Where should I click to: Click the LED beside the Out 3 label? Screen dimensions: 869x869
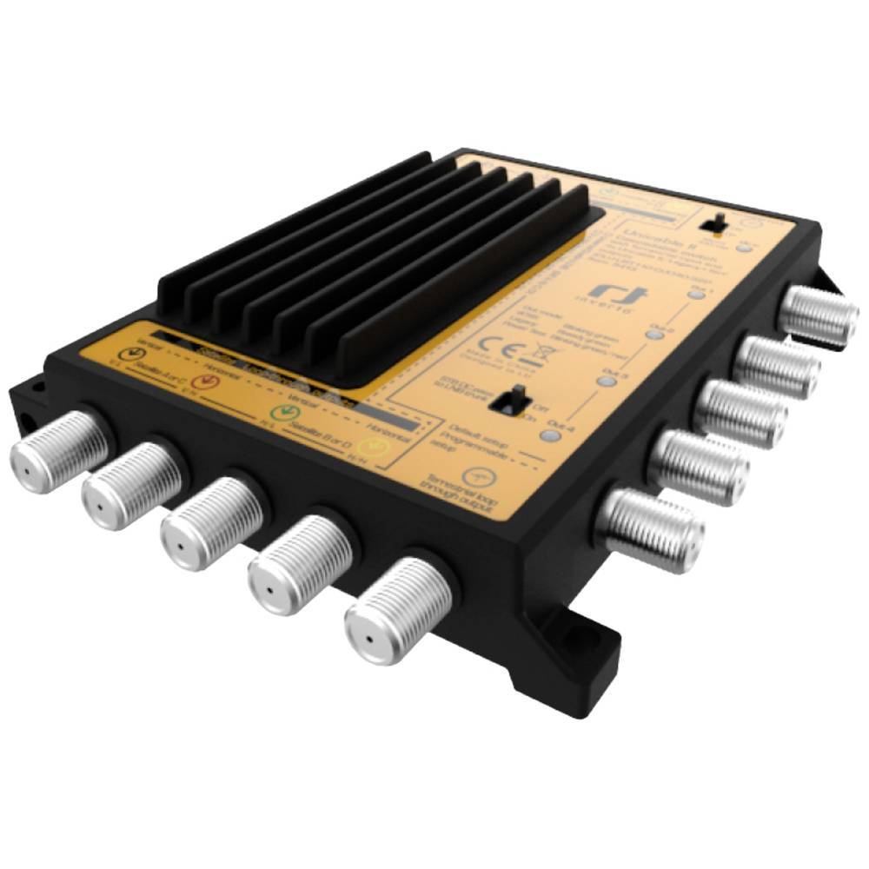tap(607, 381)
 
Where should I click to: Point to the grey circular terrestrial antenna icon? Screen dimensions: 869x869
tap(474, 475)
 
